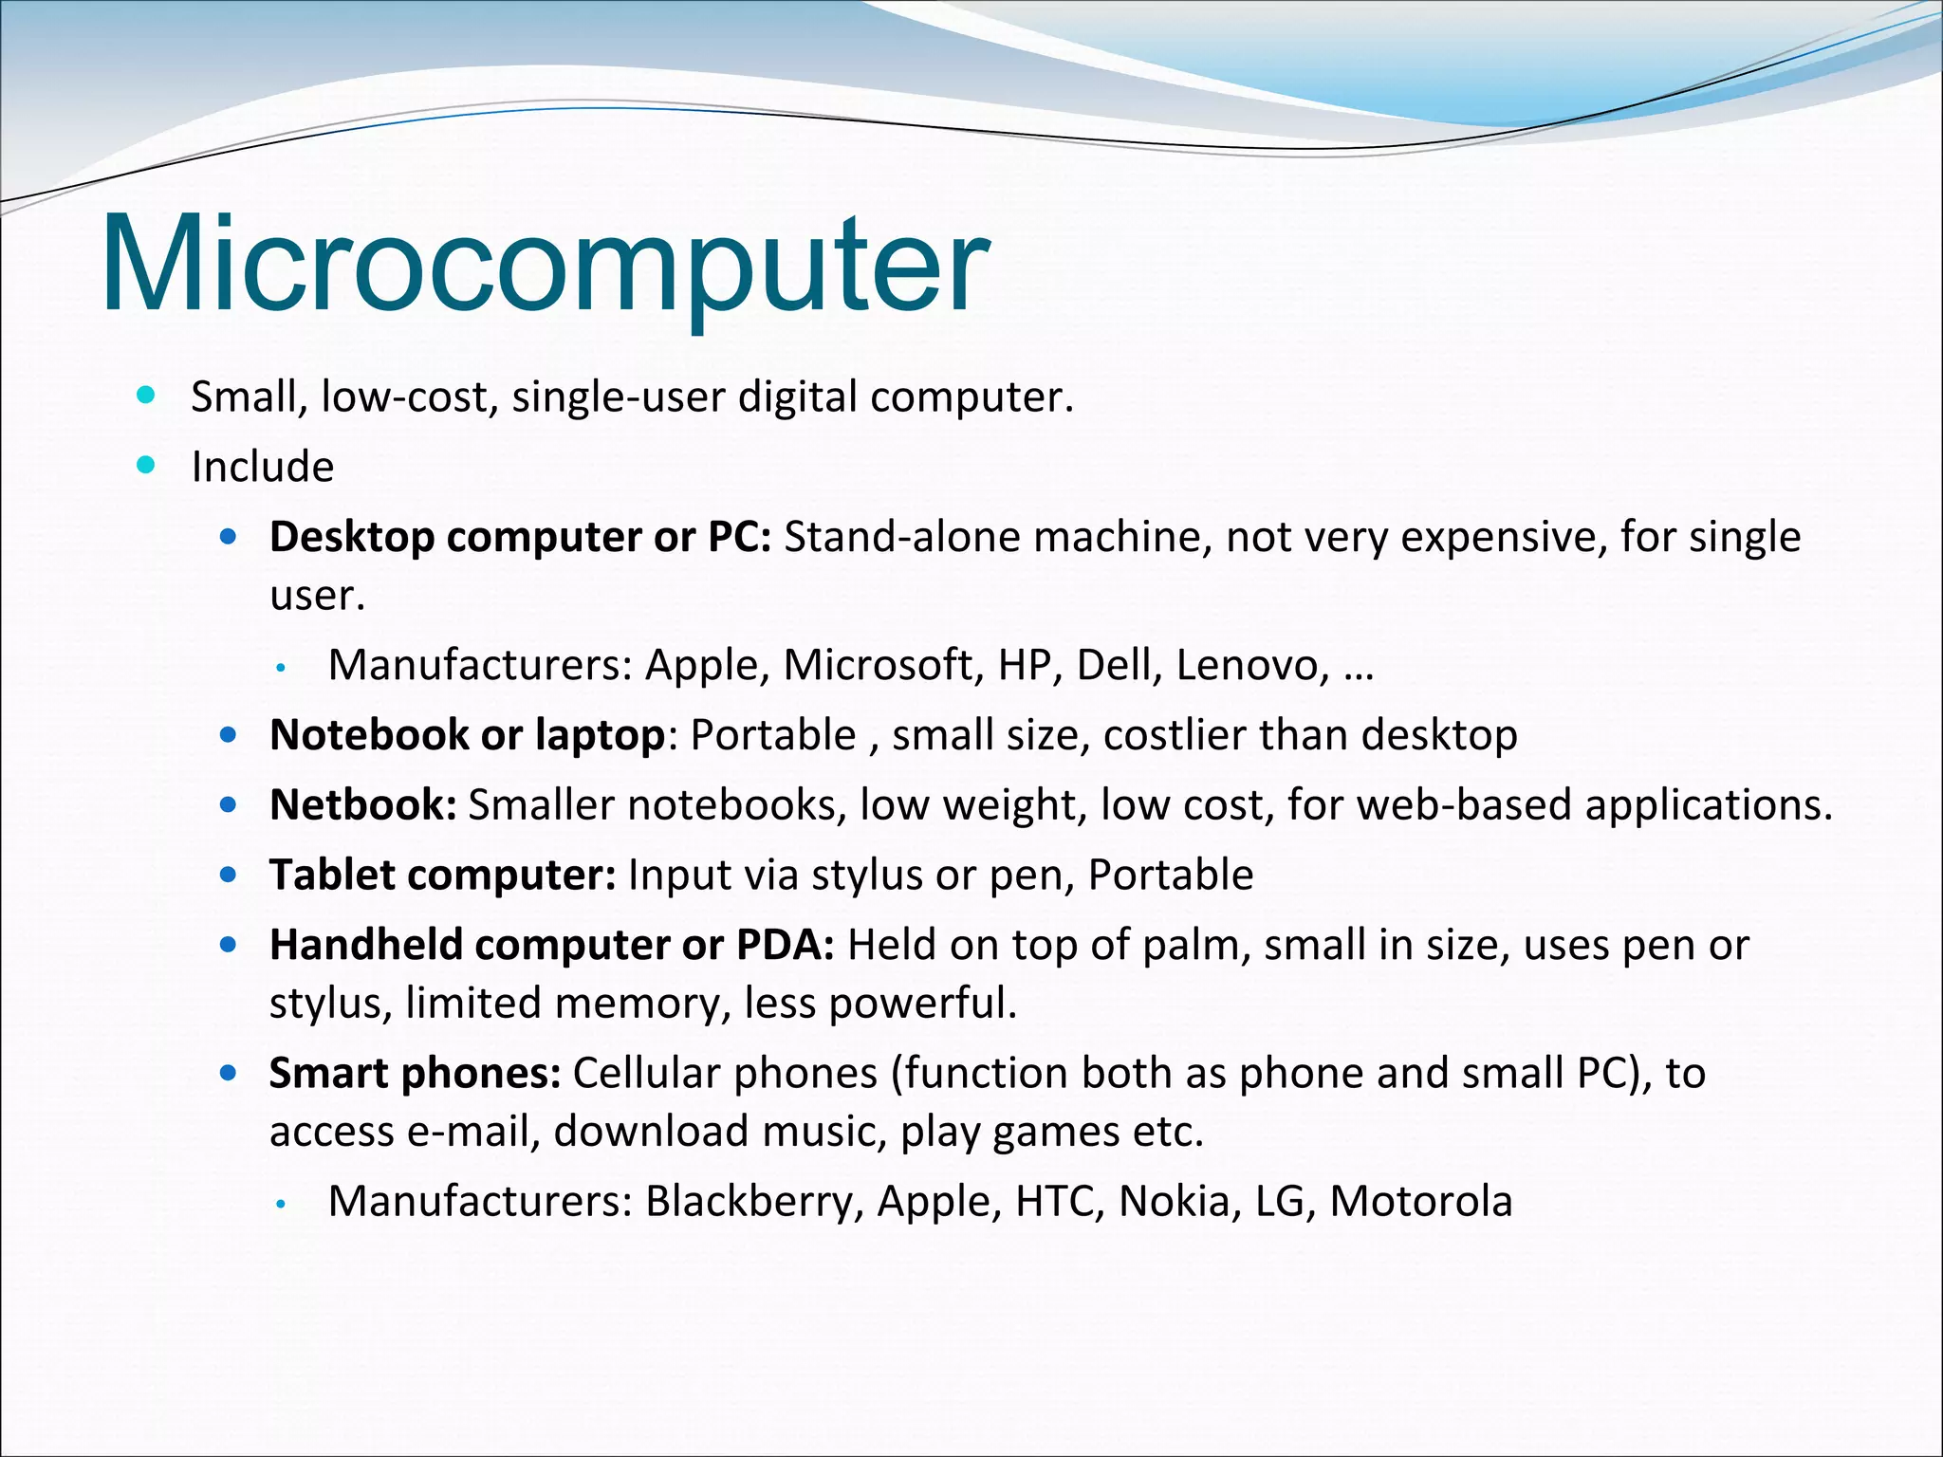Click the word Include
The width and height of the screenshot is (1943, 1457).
tap(263, 467)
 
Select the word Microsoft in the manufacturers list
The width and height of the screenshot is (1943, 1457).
tap(879, 665)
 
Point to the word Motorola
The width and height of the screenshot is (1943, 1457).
tap(1420, 1201)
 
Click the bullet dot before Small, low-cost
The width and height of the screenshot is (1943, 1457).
tap(145, 395)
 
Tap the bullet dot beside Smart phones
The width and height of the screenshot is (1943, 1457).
tap(228, 1073)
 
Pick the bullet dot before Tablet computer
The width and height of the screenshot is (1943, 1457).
tap(228, 875)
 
